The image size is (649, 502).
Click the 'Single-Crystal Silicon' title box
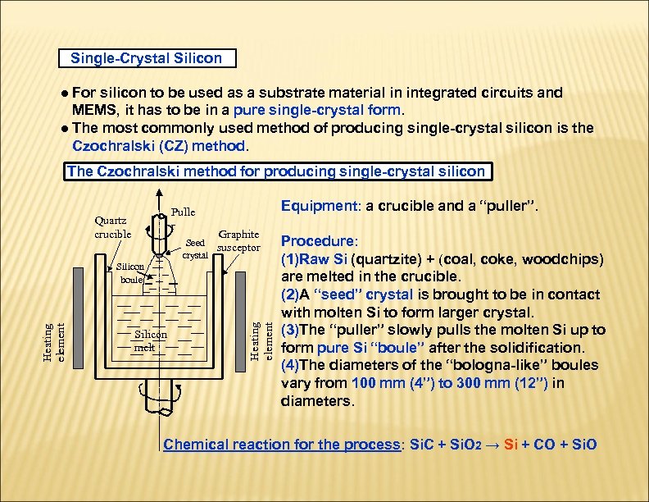(x=146, y=58)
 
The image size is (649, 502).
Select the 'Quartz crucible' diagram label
(x=112, y=226)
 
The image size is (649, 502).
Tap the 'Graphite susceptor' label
(x=238, y=240)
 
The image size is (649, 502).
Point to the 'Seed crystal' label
(x=195, y=249)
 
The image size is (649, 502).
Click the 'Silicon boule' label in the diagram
(x=130, y=273)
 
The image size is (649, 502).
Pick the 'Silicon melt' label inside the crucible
(x=150, y=340)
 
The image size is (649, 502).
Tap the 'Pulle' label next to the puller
(x=183, y=212)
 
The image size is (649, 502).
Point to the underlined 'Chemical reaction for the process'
(x=281, y=445)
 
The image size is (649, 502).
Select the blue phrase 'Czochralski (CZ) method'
(x=158, y=146)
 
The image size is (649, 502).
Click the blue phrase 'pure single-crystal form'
(x=317, y=110)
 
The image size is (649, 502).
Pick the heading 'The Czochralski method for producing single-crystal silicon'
(x=276, y=171)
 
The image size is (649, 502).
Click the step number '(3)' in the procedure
(x=291, y=330)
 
